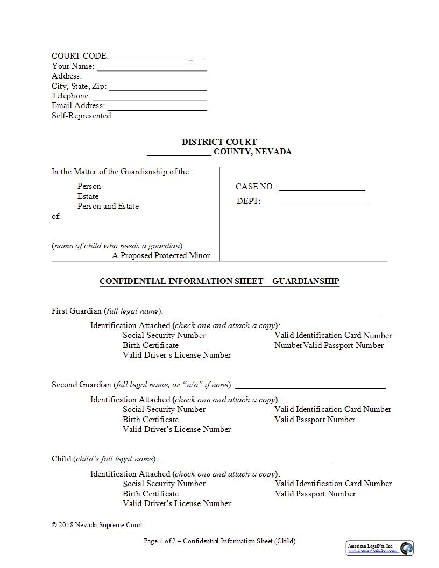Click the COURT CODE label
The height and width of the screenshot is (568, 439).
tap(80, 56)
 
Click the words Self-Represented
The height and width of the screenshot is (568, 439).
tap(81, 116)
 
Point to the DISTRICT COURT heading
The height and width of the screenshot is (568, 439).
tap(219, 142)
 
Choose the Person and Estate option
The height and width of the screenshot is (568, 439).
tap(108, 206)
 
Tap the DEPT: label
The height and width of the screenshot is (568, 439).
tap(248, 201)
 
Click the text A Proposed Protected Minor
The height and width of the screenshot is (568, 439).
tap(161, 255)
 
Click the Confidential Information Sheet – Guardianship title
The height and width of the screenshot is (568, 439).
tap(219, 281)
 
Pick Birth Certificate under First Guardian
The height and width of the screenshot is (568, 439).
tap(150, 345)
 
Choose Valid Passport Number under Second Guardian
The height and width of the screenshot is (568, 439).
tap(315, 420)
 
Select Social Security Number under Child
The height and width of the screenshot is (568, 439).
tap(164, 484)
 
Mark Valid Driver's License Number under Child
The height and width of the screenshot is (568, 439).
tap(176, 503)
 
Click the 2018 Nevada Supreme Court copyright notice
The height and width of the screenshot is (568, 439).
tap(97, 525)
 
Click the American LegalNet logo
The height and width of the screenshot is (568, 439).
tap(379, 548)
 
